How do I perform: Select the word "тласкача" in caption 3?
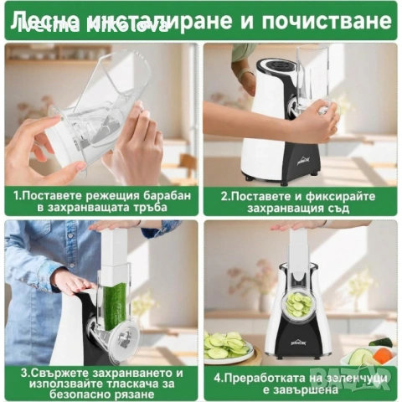coord(137,384)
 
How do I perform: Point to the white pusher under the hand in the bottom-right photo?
coord(299,255)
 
